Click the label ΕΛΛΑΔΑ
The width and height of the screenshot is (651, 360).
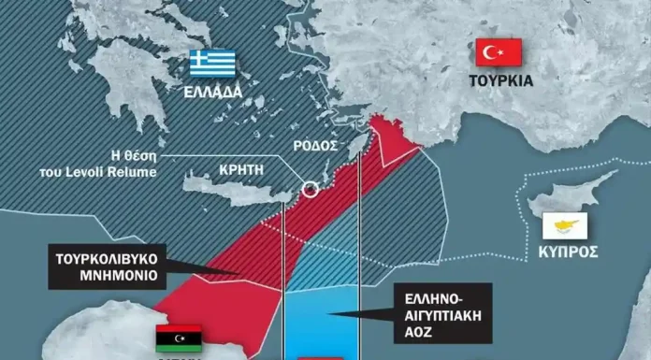(x=213, y=93)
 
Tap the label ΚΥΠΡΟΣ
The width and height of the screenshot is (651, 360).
(x=568, y=252)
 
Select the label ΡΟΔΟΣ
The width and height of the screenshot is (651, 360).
(x=316, y=148)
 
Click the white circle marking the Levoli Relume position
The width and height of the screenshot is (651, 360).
(x=310, y=190)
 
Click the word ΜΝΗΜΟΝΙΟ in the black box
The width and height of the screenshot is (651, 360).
(x=110, y=277)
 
